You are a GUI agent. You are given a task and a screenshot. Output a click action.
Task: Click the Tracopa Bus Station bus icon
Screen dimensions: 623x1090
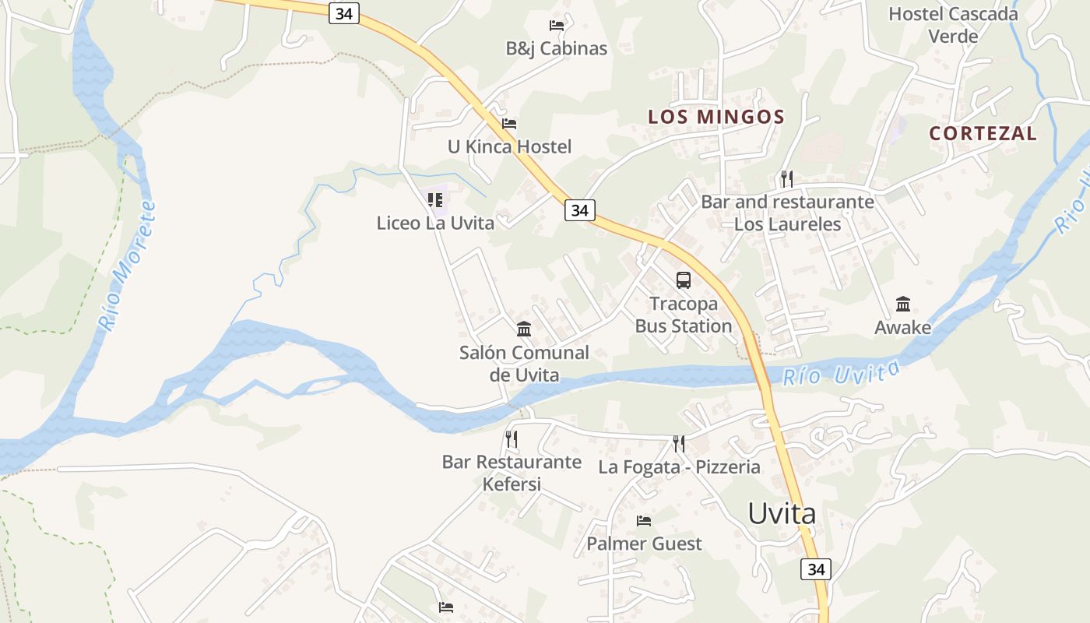(x=683, y=280)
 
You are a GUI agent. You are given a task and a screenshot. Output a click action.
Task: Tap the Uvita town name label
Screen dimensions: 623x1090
(x=782, y=513)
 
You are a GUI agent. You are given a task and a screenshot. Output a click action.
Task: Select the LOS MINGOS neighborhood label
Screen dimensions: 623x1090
(x=716, y=118)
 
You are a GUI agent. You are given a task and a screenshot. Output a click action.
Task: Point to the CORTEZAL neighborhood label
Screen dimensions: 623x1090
(x=983, y=133)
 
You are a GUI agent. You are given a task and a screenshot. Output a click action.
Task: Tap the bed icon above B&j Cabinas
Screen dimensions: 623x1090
(x=556, y=26)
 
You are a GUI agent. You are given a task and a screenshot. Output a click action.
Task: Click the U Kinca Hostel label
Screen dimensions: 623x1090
(x=509, y=146)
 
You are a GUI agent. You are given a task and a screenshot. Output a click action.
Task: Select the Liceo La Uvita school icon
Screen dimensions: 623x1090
(x=435, y=200)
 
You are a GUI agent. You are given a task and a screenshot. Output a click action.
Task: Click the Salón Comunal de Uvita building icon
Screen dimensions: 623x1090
(x=524, y=329)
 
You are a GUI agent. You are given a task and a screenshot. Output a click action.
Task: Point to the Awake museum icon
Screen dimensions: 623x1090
(x=903, y=304)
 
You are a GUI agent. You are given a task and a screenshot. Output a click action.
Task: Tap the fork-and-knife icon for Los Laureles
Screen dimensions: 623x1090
(x=787, y=179)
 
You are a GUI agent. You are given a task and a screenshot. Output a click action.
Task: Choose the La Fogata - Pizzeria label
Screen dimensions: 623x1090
(x=679, y=467)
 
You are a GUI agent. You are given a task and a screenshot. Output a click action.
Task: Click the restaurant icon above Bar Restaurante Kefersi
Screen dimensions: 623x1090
(x=511, y=439)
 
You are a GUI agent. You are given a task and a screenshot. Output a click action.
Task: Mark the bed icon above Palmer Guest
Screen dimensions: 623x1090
(x=644, y=520)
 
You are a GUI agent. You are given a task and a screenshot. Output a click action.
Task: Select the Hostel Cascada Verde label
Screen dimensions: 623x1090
(x=953, y=25)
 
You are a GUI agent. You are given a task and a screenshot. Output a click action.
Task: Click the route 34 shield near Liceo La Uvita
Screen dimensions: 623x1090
(x=579, y=210)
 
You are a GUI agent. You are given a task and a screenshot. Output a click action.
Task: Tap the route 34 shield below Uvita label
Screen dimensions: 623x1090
(x=815, y=569)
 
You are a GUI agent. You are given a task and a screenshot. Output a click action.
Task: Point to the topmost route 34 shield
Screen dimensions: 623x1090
(x=343, y=13)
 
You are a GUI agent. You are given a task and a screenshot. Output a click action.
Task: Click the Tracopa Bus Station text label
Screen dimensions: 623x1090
(x=684, y=315)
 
